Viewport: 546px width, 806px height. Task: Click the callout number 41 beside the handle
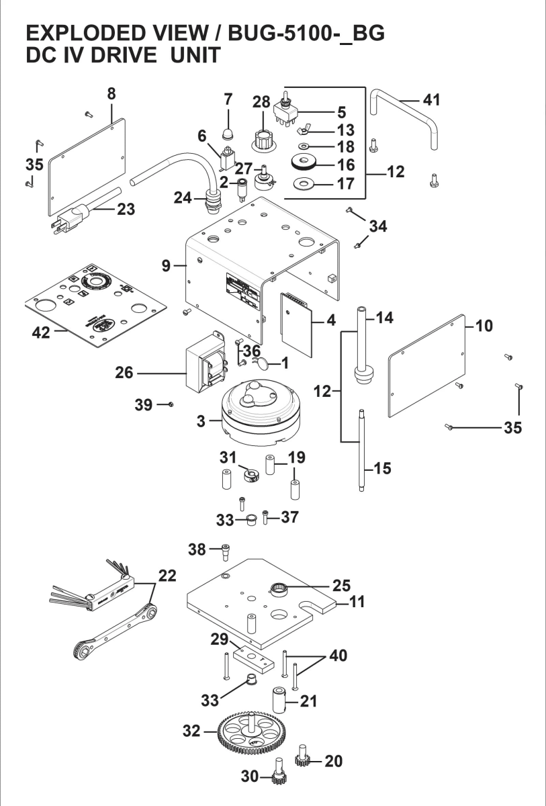[x=431, y=100]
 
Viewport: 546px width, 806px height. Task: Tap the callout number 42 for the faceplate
[x=42, y=333]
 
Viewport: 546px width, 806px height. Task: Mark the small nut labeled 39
[x=172, y=404]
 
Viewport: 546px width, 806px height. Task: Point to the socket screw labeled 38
[x=226, y=551]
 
